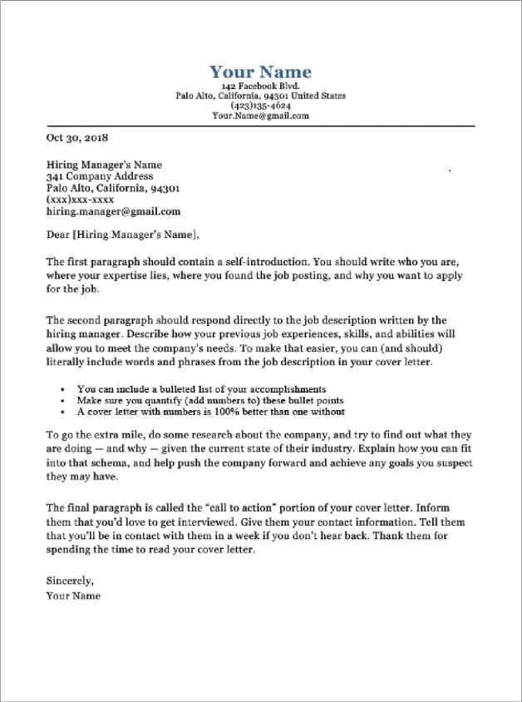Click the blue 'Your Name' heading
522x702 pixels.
coord(260,72)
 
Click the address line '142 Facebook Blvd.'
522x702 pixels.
coord(260,87)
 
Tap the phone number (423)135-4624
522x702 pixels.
coord(260,106)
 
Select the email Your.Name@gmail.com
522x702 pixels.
coord(260,116)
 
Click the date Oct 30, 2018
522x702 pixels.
coord(77,138)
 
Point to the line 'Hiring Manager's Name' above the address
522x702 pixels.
coord(104,165)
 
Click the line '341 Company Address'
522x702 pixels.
coord(100,176)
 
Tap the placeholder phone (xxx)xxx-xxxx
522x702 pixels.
coord(80,200)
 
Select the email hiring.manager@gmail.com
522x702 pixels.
coord(113,211)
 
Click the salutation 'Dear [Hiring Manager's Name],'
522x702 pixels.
coord(123,234)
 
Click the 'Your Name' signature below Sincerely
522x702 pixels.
coord(73,596)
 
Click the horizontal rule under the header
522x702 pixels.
coord(260,126)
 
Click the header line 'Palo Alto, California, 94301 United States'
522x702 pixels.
coord(260,96)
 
